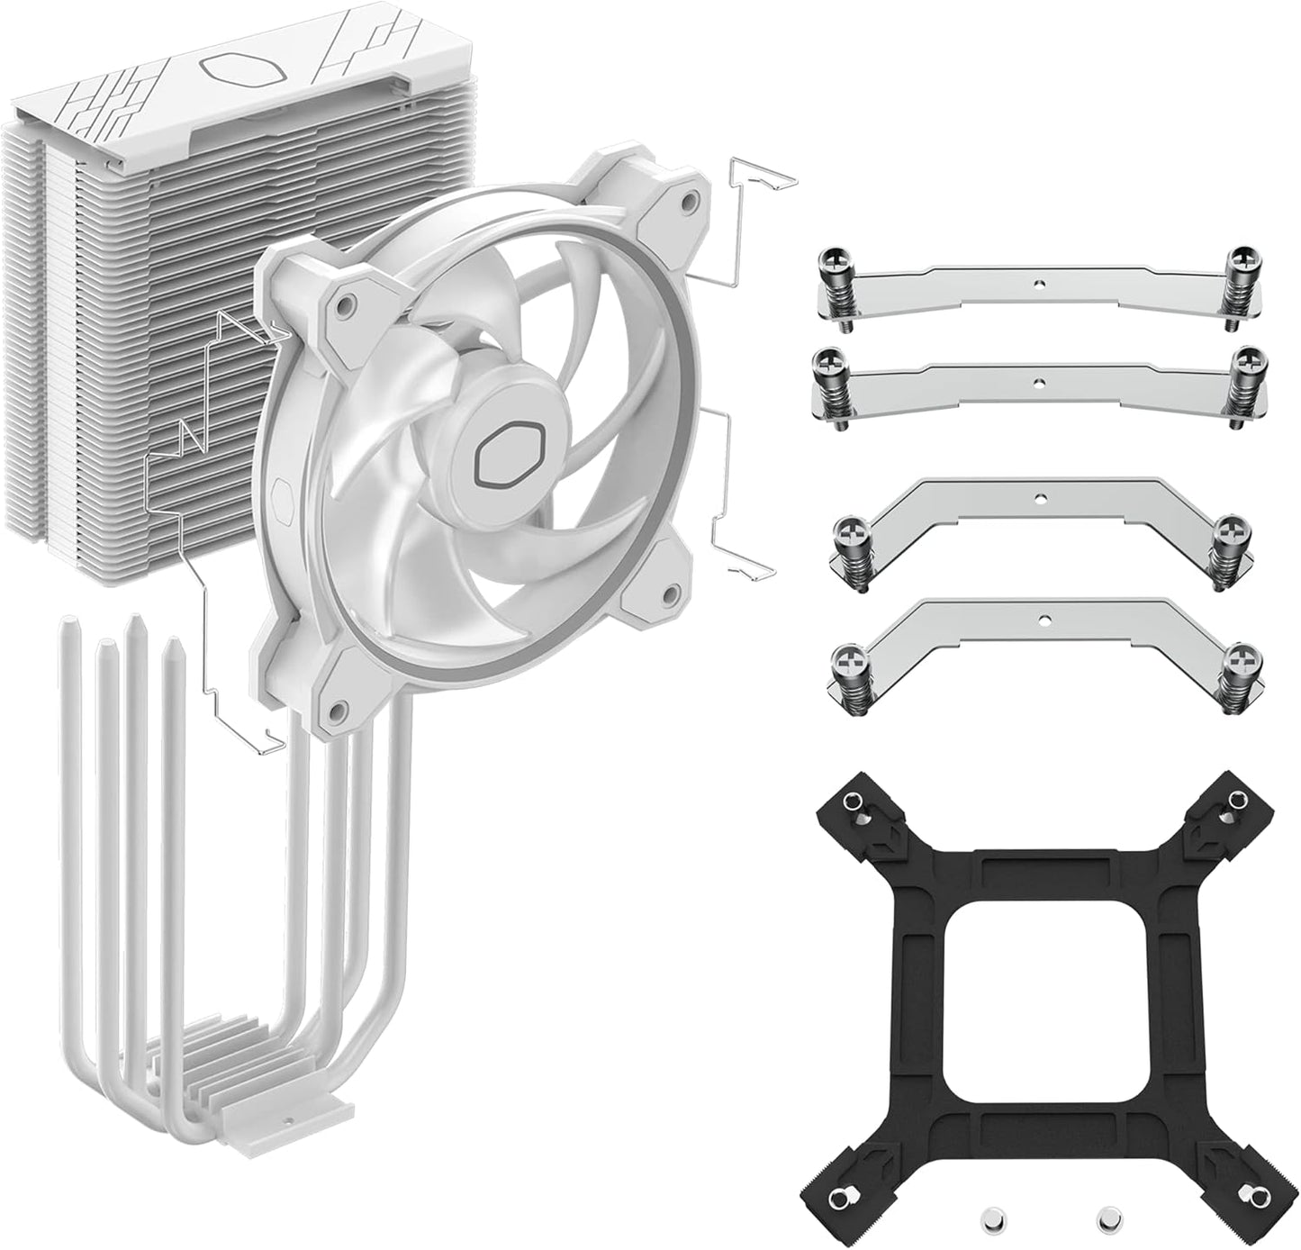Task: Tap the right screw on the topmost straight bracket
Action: (1243, 267)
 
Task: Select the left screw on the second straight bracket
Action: (827, 367)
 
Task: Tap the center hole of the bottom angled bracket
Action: (1044, 620)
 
